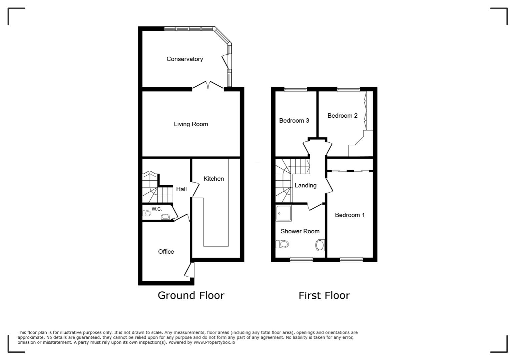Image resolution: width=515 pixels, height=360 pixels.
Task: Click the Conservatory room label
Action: [184, 59]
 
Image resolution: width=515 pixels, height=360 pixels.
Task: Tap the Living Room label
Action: [191, 124]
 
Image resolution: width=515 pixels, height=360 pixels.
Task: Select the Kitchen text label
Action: [213, 179]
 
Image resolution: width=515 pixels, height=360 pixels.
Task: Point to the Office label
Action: [166, 252]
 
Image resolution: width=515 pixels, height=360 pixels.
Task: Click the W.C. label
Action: [156, 209]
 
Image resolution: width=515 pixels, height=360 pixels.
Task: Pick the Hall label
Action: [181, 189]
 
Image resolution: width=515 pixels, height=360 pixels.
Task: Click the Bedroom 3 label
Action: [294, 121]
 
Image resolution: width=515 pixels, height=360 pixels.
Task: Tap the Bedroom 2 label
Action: [342, 116]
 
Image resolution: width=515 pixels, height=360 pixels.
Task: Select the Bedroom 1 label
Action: [350, 215]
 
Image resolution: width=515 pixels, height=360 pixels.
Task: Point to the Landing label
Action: [305, 185]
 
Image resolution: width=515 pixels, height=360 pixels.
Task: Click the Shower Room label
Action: [300, 231]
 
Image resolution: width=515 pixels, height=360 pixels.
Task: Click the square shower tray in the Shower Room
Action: [284, 213]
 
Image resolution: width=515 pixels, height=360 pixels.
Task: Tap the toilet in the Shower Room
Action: [282, 244]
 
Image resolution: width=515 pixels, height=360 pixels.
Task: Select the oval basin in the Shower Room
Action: [320, 245]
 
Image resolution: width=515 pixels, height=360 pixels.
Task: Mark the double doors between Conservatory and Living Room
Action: [207, 85]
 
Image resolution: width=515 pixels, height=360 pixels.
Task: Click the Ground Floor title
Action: [191, 295]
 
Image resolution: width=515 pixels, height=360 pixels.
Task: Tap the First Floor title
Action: [324, 295]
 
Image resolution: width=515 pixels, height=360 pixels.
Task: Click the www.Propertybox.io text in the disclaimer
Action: [214, 342]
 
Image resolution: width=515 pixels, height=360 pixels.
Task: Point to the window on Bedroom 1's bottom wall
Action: [351, 260]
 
